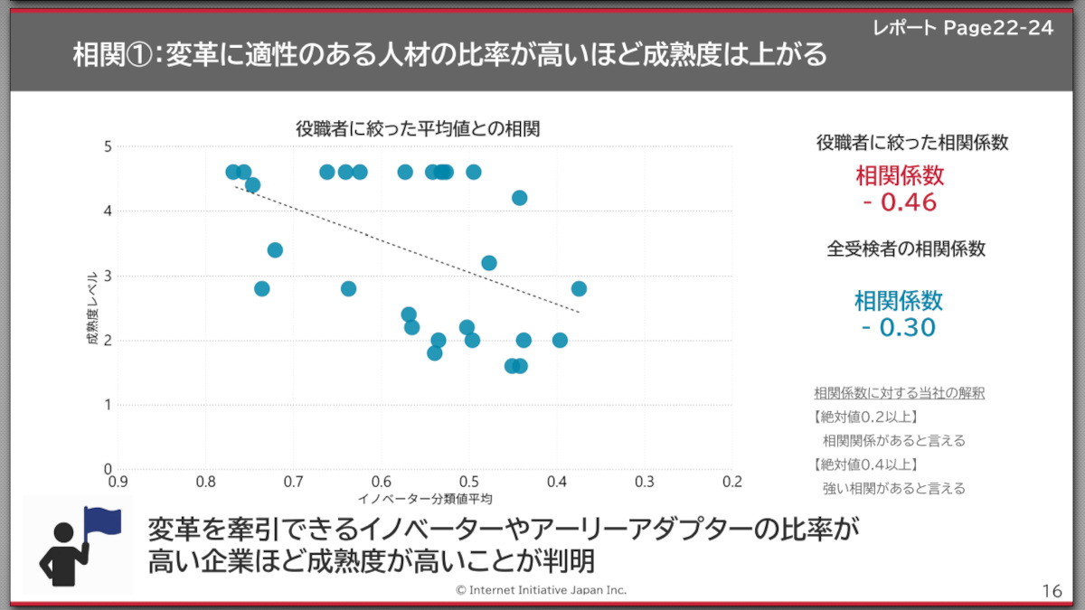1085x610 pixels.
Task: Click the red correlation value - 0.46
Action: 899,202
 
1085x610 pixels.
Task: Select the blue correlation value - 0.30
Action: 899,327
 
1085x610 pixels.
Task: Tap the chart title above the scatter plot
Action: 418,128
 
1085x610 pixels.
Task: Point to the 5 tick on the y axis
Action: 108,146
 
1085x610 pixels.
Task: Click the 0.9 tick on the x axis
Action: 118,482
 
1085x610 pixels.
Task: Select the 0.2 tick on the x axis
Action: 731,482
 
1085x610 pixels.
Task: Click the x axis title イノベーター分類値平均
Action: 424,498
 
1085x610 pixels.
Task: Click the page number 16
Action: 1052,590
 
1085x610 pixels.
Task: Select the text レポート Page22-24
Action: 963,28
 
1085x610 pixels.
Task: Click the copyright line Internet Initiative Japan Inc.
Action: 541,589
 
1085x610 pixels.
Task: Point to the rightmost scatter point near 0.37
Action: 579,288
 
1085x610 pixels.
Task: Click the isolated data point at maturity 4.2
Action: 519,198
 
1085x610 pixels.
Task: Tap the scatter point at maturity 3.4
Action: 275,249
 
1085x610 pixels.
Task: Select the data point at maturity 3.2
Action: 489,263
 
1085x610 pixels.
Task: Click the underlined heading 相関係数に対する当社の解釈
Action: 899,393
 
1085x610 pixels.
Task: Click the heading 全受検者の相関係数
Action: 906,249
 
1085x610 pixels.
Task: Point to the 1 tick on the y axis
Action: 108,405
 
